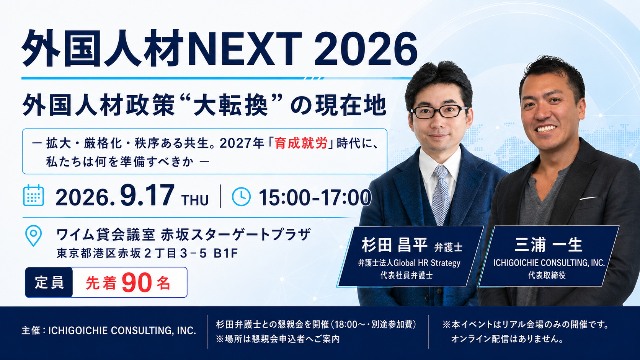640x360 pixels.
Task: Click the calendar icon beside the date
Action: [33, 195]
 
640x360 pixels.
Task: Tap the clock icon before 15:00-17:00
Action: [242, 196]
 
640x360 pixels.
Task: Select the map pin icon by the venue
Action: [33, 236]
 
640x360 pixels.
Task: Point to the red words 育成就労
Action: [301, 143]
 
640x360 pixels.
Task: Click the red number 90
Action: [137, 283]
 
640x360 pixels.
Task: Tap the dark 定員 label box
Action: [49, 282]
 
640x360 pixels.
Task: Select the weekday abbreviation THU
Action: [195, 200]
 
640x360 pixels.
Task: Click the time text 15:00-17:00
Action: [315, 197]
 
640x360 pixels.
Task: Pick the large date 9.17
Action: [147, 195]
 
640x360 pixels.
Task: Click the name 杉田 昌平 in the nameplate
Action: [395, 245]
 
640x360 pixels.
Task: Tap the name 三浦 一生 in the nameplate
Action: [548, 245]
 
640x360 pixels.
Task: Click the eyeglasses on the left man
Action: [439, 112]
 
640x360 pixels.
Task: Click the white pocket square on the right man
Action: [588, 198]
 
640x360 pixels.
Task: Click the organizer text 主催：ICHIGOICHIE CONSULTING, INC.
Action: [109, 331]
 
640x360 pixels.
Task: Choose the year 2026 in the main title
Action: [366, 49]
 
